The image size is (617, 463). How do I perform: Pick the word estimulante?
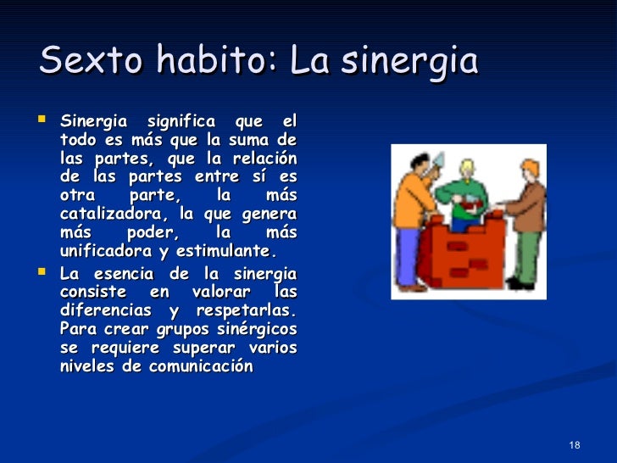pyautogui.click(x=228, y=251)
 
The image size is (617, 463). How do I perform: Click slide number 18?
pyautogui.click(x=575, y=446)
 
